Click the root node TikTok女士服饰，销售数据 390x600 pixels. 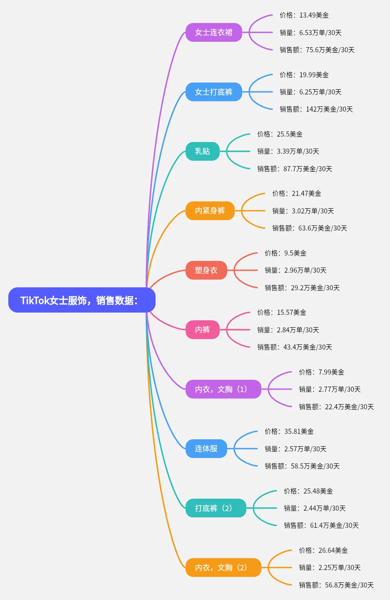point(82,300)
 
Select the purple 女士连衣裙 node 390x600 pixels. point(214,32)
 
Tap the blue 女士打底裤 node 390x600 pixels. point(214,92)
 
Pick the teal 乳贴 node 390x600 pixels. point(202,151)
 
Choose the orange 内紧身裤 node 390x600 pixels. point(210,211)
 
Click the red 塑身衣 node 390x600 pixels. point(206,270)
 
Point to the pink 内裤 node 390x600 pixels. point(202,330)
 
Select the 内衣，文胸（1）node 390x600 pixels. point(223,389)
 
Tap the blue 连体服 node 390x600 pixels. point(206,449)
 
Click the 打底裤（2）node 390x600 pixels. point(216,508)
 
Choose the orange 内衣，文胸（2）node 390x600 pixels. point(223,568)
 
